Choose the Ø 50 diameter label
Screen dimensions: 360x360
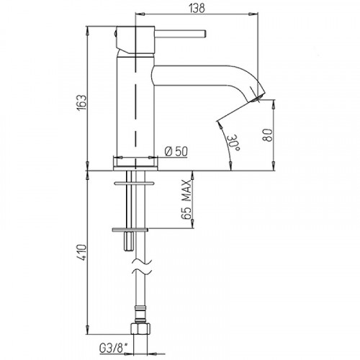176,151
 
